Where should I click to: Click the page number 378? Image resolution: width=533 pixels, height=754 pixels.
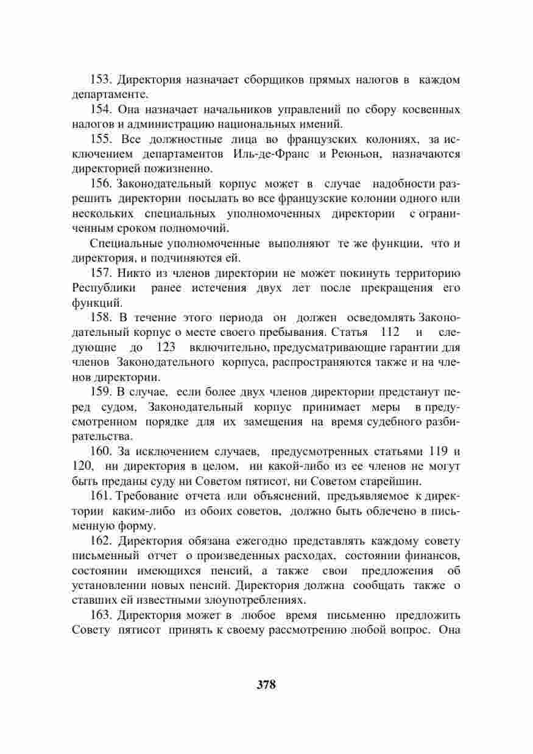[266, 684]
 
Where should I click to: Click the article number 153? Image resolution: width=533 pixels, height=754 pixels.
[101, 80]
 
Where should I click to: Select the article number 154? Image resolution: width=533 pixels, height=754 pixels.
[101, 110]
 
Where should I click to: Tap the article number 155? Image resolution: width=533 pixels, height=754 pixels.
[101, 139]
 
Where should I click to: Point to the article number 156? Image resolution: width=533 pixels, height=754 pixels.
[101, 184]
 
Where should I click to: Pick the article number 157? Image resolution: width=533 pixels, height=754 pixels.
[101, 273]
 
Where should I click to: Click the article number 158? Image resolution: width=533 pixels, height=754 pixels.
[101, 318]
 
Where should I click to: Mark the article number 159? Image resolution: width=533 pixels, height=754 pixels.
[101, 392]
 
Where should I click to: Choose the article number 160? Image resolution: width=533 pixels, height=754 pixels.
[101, 451]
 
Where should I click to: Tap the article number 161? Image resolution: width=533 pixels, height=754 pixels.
[101, 495]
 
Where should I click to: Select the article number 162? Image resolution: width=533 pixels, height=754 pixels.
[101, 540]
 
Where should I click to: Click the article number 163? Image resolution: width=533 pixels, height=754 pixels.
[101, 615]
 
